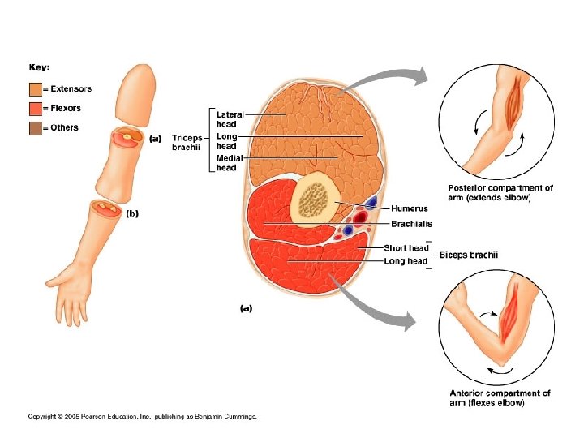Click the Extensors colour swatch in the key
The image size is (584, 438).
pyautogui.click(x=35, y=88)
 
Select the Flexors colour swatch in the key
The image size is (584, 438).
pyautogui.click(x=35, y=108)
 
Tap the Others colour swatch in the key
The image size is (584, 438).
pyautogui.click(x=35, y=127)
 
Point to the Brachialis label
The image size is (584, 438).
pyautogui.click(x=410, y=223)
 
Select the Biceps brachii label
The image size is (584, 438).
pyautogui.click(x=469, y=255)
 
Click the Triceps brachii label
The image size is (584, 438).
pyautogui.click(x=186, y=143)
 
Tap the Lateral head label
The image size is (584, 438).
pyautogui.click(x=229, y=118)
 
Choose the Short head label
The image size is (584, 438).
pyautogui.click(x=406, y=248)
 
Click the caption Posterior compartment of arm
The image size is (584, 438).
pyautogui.click(x=500, y=192)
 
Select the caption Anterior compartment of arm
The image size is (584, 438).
pyautogui.click(x=500, y=397)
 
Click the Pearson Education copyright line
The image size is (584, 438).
pyautogui.click(x=142, y=416)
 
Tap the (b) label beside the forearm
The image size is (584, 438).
pyautogui.click(x=133, y=213)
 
